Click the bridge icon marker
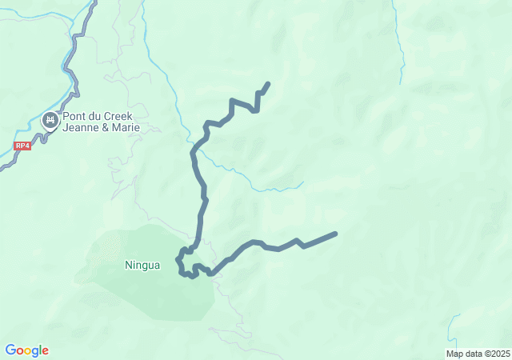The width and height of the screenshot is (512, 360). (x=50, y=121)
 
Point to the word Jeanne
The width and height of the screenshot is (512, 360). (x=79, y=127)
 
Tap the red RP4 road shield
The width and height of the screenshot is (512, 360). (x=22, y=146)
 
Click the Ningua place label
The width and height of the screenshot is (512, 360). (x=142, y=265)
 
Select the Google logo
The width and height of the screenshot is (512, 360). (x=26, y=350)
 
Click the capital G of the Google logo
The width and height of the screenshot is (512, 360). (x=10, y=350)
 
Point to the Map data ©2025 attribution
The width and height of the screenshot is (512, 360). (x=478, y=354)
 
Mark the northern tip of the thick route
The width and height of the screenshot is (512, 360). (x=267, y=83)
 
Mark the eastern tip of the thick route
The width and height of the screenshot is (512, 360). (x=335, y=234)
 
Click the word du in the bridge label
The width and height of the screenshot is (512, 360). (x=96, y=116)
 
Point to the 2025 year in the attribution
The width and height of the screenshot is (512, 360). (x=500, y=354)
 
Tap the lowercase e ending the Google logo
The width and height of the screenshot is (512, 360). (x=45, y=351)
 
